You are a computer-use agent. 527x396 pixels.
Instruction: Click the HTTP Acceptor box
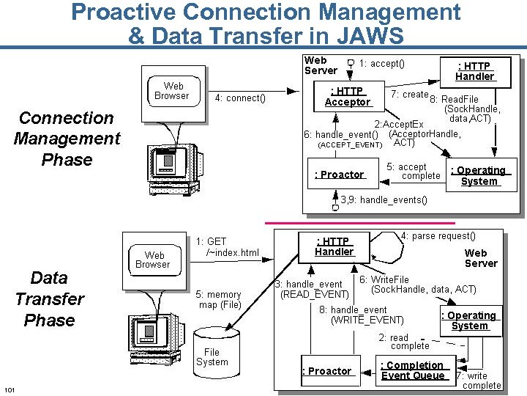347,97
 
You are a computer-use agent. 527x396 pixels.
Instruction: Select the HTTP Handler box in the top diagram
474,71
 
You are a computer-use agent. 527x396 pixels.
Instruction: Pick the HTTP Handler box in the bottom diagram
334,246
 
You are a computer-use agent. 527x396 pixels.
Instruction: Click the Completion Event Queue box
414,370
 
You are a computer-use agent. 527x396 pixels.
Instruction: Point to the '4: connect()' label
240,98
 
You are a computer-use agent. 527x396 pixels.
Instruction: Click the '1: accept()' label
381,64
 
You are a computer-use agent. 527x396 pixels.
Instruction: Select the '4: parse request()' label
438,235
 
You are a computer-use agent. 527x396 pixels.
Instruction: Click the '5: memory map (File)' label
219,300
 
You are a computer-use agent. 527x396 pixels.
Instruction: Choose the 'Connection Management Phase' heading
67,139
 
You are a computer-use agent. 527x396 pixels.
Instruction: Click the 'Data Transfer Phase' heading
49,299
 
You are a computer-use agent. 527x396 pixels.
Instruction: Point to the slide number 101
10,388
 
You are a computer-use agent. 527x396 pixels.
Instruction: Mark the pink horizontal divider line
359,222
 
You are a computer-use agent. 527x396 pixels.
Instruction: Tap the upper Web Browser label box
172,91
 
